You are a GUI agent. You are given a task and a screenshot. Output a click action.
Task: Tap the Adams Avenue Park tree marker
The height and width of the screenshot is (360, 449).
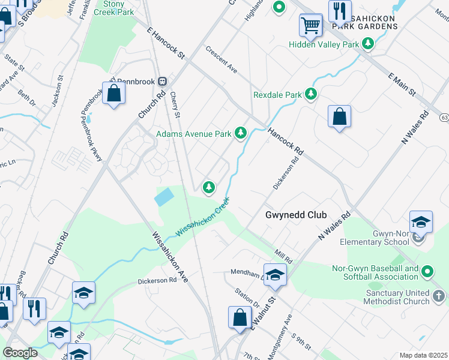click(241, 133)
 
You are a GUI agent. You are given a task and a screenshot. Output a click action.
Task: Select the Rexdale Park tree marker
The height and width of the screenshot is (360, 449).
click(310, 94)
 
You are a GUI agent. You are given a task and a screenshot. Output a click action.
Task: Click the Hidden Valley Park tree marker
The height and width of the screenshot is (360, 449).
click(368, 44)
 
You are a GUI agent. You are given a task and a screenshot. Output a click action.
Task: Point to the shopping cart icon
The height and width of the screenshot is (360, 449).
click(311, 25)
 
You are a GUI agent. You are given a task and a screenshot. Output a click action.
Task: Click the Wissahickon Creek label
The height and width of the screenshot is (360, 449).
click(202, 218)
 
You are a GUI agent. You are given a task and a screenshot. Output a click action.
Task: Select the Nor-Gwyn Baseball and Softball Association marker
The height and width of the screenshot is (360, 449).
click(427, 272)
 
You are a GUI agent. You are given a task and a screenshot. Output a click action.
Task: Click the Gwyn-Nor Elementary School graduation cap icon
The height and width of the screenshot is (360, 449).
click(421, 221)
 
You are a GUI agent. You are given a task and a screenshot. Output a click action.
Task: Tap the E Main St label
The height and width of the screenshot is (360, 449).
click(402, 83)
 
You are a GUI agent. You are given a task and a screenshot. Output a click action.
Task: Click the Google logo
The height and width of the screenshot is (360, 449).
click(20, 353)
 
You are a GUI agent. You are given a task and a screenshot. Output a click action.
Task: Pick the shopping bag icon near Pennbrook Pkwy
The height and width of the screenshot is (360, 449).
click(113, 93)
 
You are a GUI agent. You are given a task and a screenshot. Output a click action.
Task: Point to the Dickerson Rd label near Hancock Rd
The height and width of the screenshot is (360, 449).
click(286, 173)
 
